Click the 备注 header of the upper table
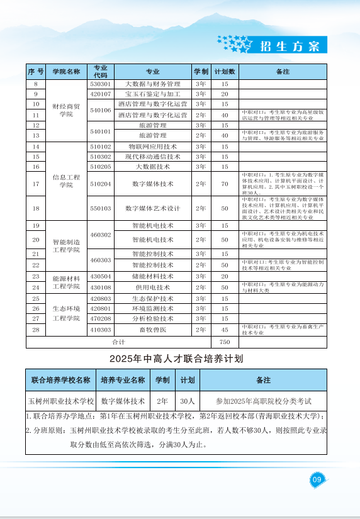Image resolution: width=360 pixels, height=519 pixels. [283, 72]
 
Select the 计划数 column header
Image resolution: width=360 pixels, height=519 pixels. [225, 72]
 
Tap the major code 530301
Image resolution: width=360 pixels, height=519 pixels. [101, 84]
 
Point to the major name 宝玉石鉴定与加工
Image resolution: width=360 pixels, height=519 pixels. [153, 94]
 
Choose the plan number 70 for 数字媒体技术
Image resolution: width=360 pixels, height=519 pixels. [225, 184]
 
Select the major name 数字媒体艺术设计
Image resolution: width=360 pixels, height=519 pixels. [153, 208]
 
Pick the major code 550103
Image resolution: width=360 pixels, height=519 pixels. [101, 208]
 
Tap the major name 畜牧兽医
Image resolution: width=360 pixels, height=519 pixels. [153, 329]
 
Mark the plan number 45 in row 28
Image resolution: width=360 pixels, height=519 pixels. [225, 329]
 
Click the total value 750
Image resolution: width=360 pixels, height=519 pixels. [225, 342]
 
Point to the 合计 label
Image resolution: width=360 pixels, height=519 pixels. [118, 342]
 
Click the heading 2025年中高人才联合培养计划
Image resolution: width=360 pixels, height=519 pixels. [176, 359]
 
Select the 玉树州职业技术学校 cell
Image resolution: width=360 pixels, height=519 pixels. [60, 400]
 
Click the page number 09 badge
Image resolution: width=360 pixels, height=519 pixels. [317, 479]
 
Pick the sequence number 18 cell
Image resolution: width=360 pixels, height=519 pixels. [36, 208]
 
